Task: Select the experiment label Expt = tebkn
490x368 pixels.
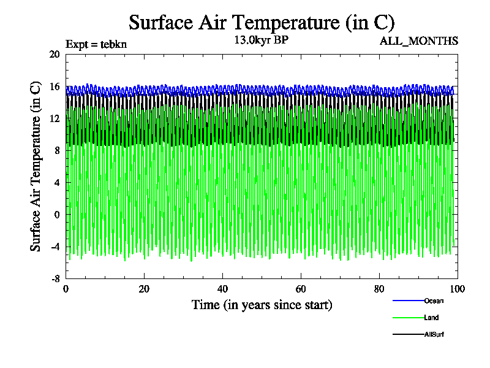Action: point(96,44)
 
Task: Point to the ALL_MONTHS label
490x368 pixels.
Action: point(428,41)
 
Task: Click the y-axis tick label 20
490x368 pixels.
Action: point(55,54)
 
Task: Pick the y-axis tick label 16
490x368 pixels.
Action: point(55,86)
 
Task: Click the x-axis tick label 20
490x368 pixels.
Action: point(144,289)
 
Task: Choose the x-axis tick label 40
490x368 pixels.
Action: point(222,289)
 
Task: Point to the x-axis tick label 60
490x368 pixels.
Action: point(301,289)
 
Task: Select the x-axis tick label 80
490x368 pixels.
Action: point(379,289)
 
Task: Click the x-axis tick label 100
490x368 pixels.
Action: point(458,289)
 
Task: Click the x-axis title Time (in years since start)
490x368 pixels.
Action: point(262,305)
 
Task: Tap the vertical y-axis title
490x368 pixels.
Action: point(36,166)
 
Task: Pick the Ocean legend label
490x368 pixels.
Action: point(434,301)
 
